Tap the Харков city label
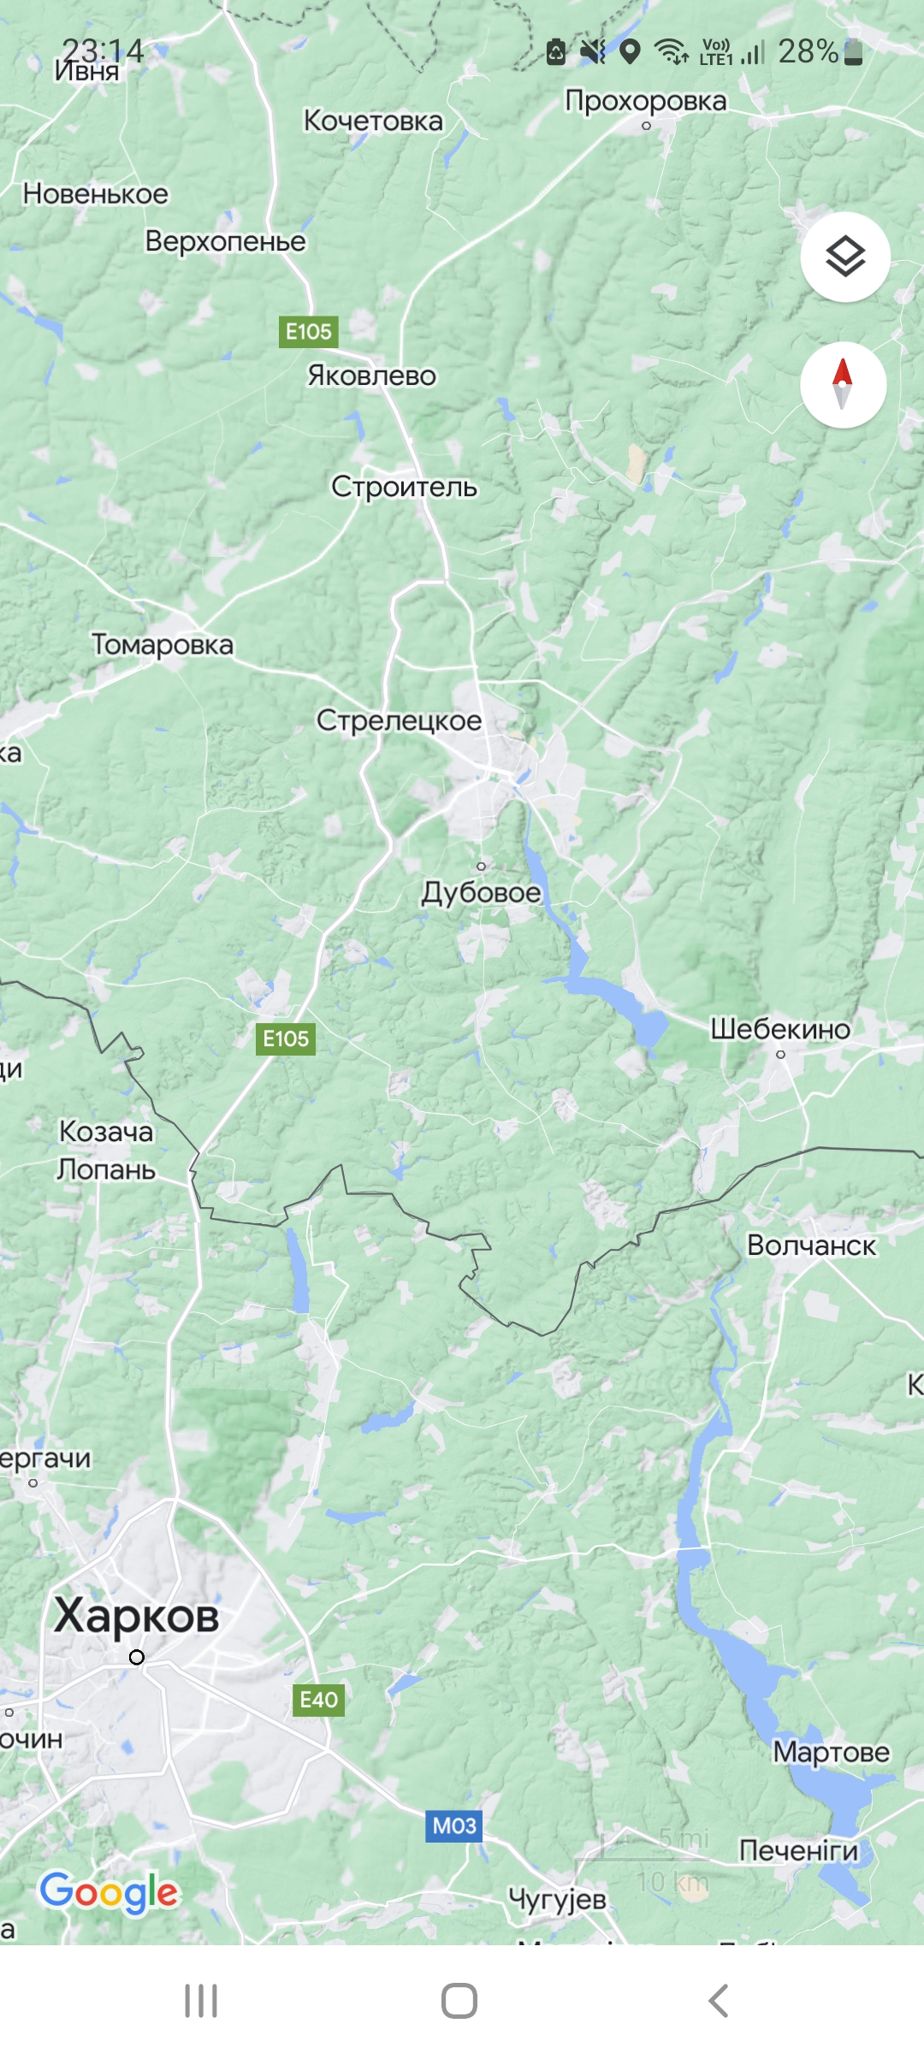pos(136,1616)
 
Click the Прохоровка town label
pos(646,101)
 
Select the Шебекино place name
pos(779,1029)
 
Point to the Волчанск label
pos(811,1245)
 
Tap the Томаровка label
pos(162,644)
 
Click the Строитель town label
pos(404,487)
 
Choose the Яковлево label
pos(371,376)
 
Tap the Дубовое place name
pos(481,893)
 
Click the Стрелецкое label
pos(399,720)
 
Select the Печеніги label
pos(798,1850)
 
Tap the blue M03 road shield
pos(453,1826)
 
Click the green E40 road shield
pos(318,1700)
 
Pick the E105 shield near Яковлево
pos(308,332)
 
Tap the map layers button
pos(844,257)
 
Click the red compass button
pos(843,384)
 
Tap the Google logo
pos(109,1891)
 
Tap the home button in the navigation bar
pos(459,2001)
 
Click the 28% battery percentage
pos(807,52)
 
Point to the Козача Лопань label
pos(106,1151)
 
